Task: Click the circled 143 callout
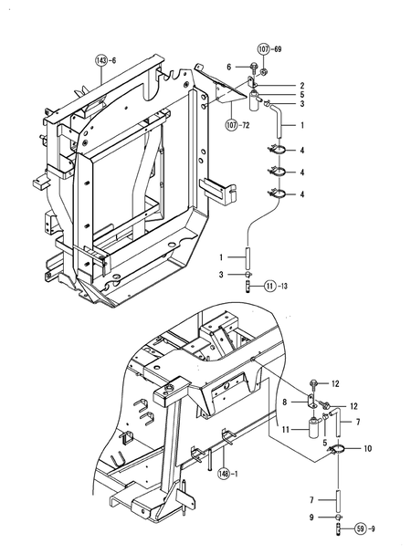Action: [100, 61]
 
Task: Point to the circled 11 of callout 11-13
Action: [271, 287]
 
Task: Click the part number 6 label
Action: [230, 66]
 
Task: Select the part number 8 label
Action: [284, 400]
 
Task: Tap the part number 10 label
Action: [368, 448]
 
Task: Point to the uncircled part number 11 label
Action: [285, 428]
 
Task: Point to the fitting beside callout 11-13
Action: [248, 286]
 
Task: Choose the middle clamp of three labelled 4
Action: [275, 171]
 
